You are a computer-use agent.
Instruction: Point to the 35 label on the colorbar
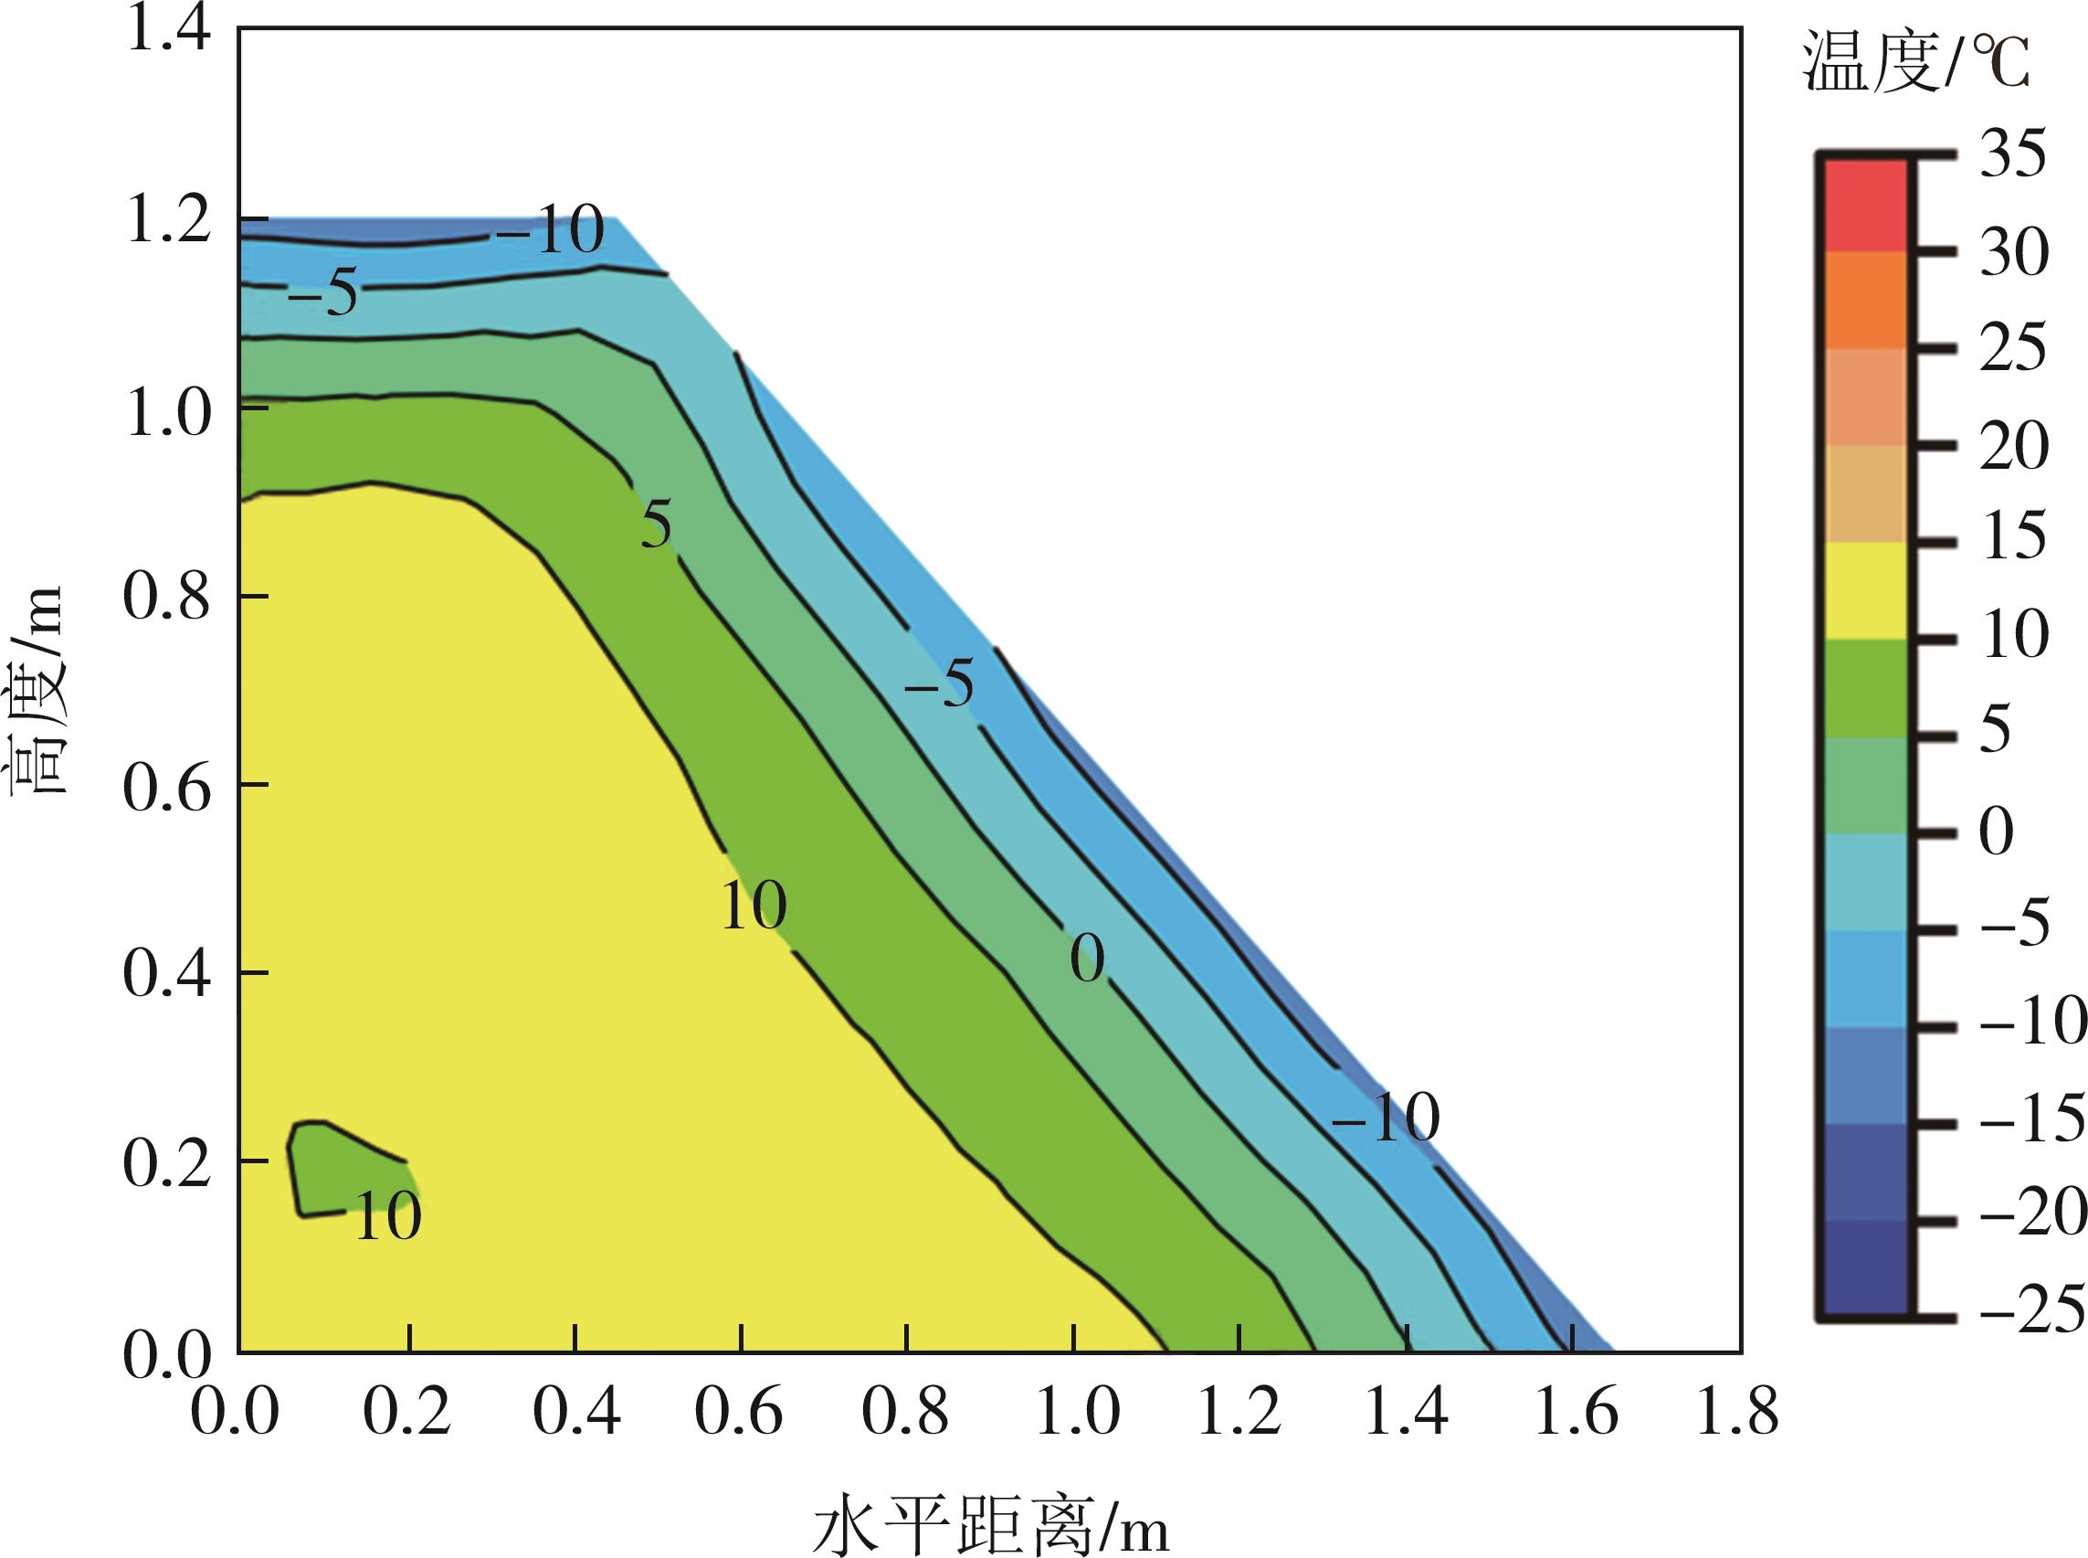point(2012,154)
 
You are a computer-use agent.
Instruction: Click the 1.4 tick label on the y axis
point(166,34)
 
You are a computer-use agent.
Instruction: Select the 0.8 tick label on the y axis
point(166,596)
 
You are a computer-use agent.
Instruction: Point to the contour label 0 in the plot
point(1086,960)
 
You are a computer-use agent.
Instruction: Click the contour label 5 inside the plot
point(656,525)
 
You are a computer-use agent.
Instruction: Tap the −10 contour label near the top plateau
point(551,231)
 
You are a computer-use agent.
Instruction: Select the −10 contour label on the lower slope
point(1386,1119)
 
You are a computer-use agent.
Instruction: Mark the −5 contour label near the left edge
point(322,295)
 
